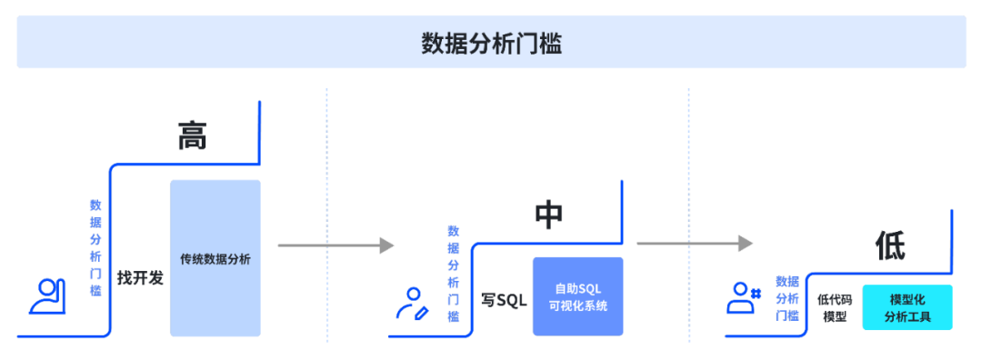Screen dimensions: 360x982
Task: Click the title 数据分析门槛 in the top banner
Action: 491,43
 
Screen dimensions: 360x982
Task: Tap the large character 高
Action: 192,135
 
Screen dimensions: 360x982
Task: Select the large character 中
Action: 548,215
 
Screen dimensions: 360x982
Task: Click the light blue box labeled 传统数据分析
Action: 215,258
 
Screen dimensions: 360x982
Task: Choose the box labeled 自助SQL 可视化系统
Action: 577,296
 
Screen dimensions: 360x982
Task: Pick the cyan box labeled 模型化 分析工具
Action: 907,308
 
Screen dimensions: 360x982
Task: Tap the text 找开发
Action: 140,278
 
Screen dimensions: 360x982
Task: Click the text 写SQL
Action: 504,300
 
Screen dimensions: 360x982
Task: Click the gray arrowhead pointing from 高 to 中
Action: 387,245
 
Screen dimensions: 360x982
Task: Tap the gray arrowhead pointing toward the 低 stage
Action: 746,243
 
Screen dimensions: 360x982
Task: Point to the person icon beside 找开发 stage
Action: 46,296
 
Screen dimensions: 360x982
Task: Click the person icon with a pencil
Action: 412,304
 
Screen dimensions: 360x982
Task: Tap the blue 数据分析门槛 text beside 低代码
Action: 787,298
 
